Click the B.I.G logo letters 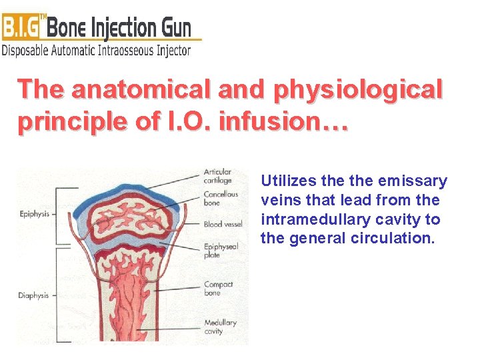pos(23,27)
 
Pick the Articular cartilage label pos(217,176)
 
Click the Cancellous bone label pos(220,198)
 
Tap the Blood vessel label pos(223,225)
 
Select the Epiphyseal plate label pos(221,251)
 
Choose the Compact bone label pos(218,289)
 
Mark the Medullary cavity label pos(220,327)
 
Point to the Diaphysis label pos(33,295)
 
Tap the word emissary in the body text pos(412,181)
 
